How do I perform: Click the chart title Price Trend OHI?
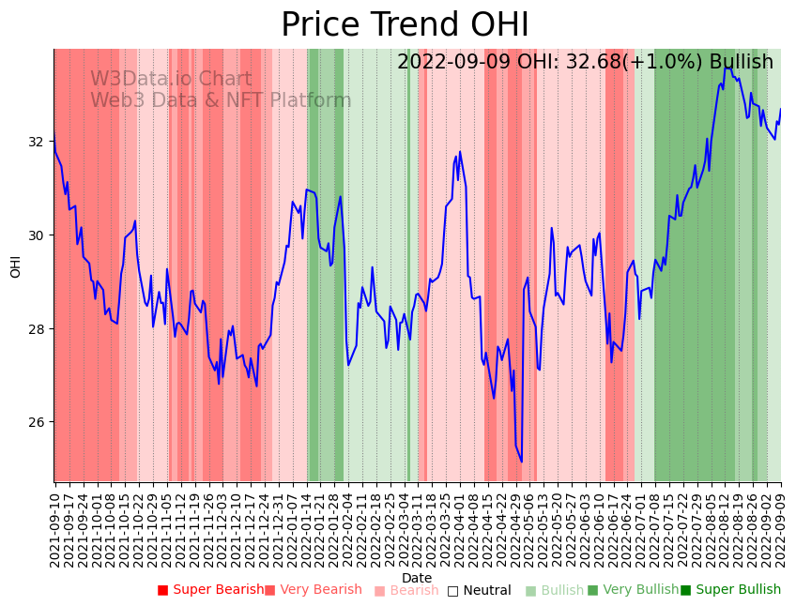[405, 25]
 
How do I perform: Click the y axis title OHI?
[16, 265]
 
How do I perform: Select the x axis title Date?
[417, 578]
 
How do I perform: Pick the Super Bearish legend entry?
[210, 590]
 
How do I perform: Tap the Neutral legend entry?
[479, 590]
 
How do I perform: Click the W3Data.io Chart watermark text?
[171, 80]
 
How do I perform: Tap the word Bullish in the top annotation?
[742, 62]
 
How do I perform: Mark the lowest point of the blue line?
[522, 462]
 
